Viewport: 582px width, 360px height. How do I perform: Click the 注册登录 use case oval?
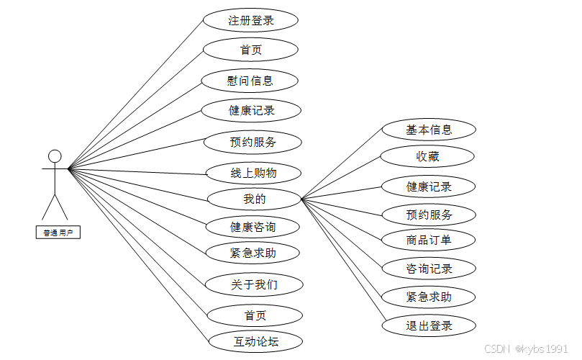(x=250, y=20)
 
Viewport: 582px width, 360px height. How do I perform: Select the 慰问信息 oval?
(x=250, y=80)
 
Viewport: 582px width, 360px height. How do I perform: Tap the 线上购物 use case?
(x=253, y=173)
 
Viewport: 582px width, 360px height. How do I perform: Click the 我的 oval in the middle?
(x=253, y=198)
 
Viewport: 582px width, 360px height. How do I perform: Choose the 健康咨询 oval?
(x=253, y=227)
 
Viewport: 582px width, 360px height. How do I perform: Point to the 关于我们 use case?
(x=253, y=284)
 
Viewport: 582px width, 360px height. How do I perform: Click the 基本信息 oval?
(x=429, y=130)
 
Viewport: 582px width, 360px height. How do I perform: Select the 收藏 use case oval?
(x=428, y=156)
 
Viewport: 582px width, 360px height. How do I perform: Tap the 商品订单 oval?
(x=429, y=240)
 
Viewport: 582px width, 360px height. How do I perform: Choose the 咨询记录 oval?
(x=429, y=269)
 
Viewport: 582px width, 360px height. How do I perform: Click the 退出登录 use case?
(x=429, y=325)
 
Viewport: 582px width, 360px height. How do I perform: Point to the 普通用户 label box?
(x=57, y=232)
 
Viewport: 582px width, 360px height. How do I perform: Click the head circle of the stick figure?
(x=55, y=156)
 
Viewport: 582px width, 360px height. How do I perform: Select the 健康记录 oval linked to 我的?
(x=429, y=186)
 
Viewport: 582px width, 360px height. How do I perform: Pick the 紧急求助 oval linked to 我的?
(x=429, y=297)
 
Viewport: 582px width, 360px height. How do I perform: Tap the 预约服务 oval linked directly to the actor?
(x=253, y=142)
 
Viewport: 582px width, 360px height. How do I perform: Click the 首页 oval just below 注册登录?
(x=250, y=50)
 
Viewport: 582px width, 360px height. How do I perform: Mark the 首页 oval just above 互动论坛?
(x=253, y=315)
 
